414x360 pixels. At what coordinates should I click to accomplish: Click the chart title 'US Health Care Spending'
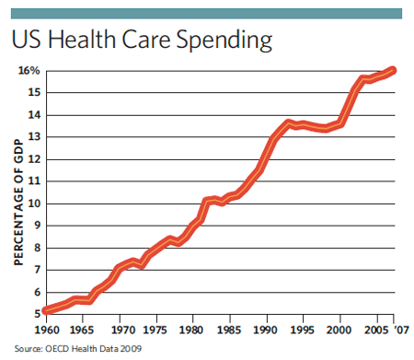[142, 41]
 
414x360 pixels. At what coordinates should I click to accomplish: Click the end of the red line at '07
[393, 70]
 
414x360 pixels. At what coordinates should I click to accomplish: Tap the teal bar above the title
[207, 13]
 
